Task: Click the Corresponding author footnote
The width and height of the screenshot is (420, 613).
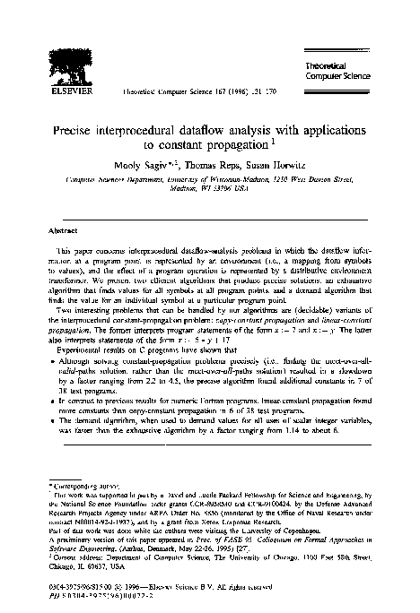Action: pos(76,485)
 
